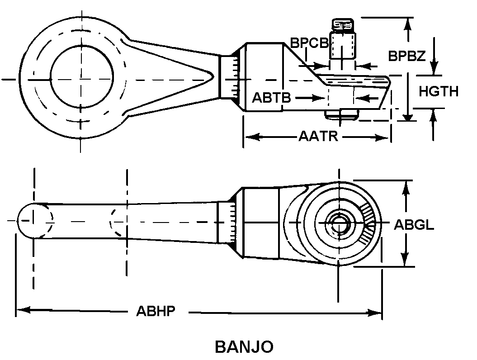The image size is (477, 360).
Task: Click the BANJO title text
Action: [244, 347]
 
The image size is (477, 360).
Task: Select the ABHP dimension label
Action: [156, 312]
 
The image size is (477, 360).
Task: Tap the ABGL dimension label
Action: [414, 225]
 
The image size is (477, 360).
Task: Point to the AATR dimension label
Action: [318, 136]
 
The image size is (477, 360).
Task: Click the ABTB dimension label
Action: [271, 98]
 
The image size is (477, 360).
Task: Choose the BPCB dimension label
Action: [309, 43]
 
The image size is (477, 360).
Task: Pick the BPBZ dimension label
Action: [406, 56]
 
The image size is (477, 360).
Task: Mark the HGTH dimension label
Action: [438, 91]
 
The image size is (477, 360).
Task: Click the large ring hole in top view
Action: [82, 79]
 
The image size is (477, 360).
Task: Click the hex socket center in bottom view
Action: [338, 222]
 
